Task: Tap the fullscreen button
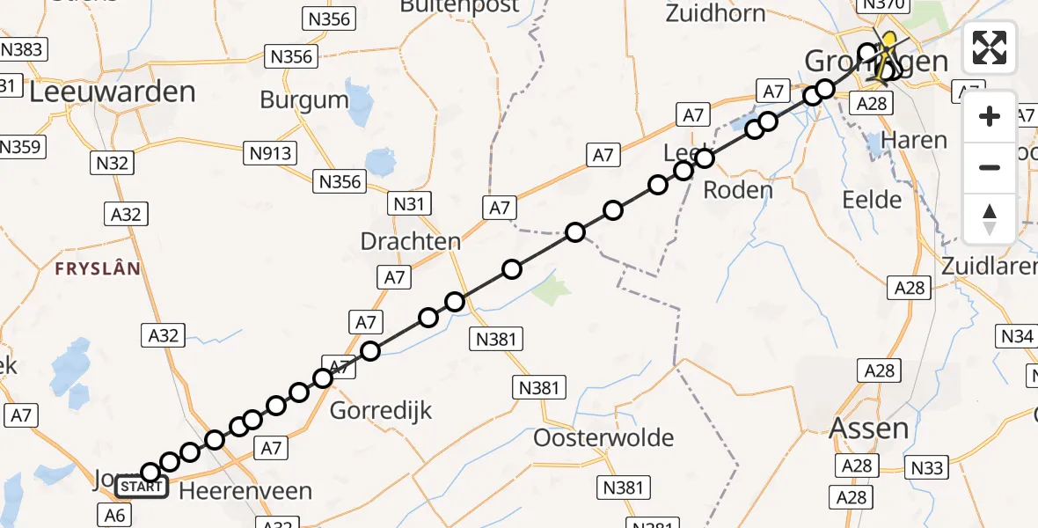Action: click(x=990, y=48)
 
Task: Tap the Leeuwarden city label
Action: click(x=112, y=92)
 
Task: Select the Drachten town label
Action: click(x=411, y=241)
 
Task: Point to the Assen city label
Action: click(x=870, y=429)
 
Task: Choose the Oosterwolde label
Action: click(x=603, y=437)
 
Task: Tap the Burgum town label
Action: click(x=304, y=99)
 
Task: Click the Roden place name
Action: click(x=739, y=190)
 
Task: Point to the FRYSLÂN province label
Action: click(x=99, y=269)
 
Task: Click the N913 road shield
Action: click(x=270, y=154)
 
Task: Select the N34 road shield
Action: click(x=1016, y=335)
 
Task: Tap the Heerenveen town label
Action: click(x=245, y=491)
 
